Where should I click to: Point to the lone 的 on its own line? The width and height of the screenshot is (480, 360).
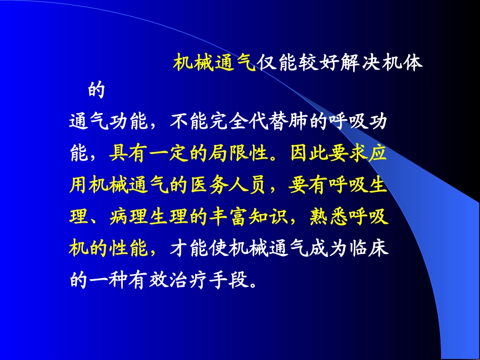point(97,91)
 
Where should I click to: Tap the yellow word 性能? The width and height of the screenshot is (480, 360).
point(129,248)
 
